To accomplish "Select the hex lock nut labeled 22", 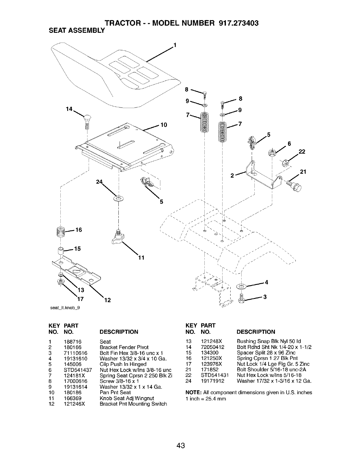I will pos(285,163).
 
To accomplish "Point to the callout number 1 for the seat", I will pos(175,46).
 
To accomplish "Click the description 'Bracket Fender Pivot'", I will pos(124,347).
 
